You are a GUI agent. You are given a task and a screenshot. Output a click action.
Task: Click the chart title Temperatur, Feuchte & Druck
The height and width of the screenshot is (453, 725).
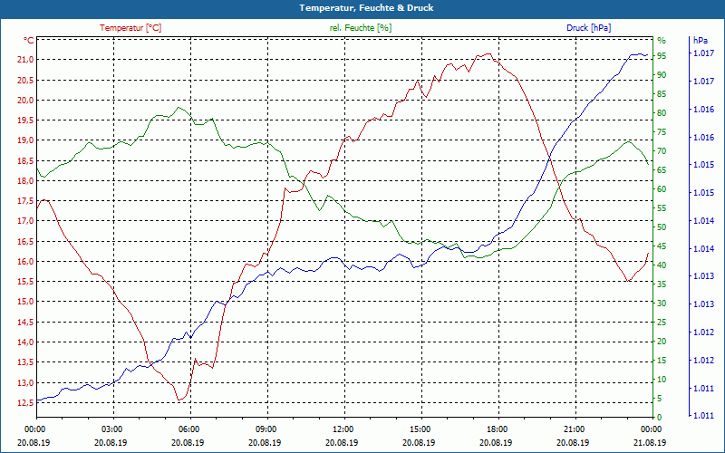click(x=362, y=8)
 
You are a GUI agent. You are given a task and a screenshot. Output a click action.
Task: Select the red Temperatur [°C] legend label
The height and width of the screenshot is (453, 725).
click(x=130, y=28)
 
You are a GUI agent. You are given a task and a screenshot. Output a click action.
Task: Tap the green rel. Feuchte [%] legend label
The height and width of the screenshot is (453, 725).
click(x=361, y=28)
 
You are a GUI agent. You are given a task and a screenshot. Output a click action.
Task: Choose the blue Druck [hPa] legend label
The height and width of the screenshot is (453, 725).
click(x=588, y=28)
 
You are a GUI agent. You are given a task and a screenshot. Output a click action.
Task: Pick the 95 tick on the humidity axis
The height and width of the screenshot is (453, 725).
click(x=662, y=55)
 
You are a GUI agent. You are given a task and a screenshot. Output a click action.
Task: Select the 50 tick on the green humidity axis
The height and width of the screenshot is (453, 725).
click(x=662, y=226)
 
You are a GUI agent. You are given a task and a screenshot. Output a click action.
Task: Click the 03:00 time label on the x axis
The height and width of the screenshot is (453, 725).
click(x=111, y=429)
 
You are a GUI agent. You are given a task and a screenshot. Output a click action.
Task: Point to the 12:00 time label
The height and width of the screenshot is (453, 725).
click(x=343, y=429)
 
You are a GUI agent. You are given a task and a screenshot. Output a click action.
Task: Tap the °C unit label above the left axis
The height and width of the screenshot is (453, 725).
click(x=29, y=41)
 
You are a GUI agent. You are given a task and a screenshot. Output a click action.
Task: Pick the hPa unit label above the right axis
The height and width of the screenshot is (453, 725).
click(x=700, y=41)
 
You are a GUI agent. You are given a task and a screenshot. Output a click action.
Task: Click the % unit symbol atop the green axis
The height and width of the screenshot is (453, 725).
click(x=662, y=41)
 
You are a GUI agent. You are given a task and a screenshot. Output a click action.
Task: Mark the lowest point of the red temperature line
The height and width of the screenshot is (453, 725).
click(x=179, y=400)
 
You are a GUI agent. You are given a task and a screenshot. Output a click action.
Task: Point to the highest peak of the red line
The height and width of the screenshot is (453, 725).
click(x=489, y=53)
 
